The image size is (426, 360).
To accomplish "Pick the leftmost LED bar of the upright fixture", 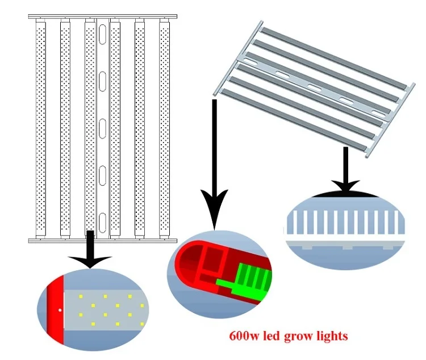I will [40, 128].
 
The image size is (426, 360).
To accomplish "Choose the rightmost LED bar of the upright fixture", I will [164, 128].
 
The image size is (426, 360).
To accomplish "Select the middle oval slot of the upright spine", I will [103, 126].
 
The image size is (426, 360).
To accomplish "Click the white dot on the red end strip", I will [60, 311].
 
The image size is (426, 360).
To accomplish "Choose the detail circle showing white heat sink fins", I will [345, 230].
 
